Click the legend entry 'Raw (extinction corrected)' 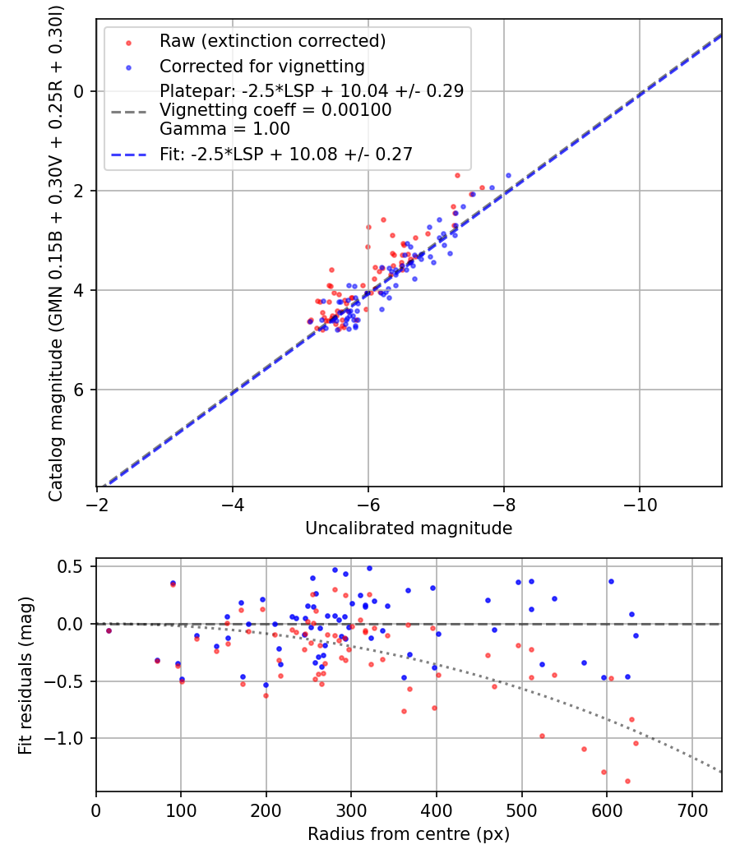pyautogui.click(x=272, y=41)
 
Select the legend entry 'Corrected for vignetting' pyautogui.click(x=262, y=67)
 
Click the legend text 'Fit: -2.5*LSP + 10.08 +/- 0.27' pyautogui.click(x=286, y=154)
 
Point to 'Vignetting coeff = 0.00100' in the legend pyautogui.click(x=275, y=110)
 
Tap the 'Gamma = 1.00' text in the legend pyautogui.click(x=224, y=128)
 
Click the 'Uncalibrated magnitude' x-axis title pyautogui.click(x=409, y=528)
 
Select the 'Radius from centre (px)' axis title pyautogui.click(x=409, y=834)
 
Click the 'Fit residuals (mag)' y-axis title pyautogui.click(x=25, y=676)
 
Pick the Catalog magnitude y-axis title pyautogui.click(x=56, y=252)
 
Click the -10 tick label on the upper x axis pyautogui.click(x=640, y=504)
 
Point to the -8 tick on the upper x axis pyautogui.click(x=504, y=504)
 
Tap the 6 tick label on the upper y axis pyautogui.click(x=80, y=390)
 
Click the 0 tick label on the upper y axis pyautogui.click(x=80, y=91)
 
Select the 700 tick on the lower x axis pyautogui.click(x=691, y=810)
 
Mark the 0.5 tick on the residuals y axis pyautogui.click(x=76, y=566)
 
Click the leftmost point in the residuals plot pyautogui.click(x=109, y=630)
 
